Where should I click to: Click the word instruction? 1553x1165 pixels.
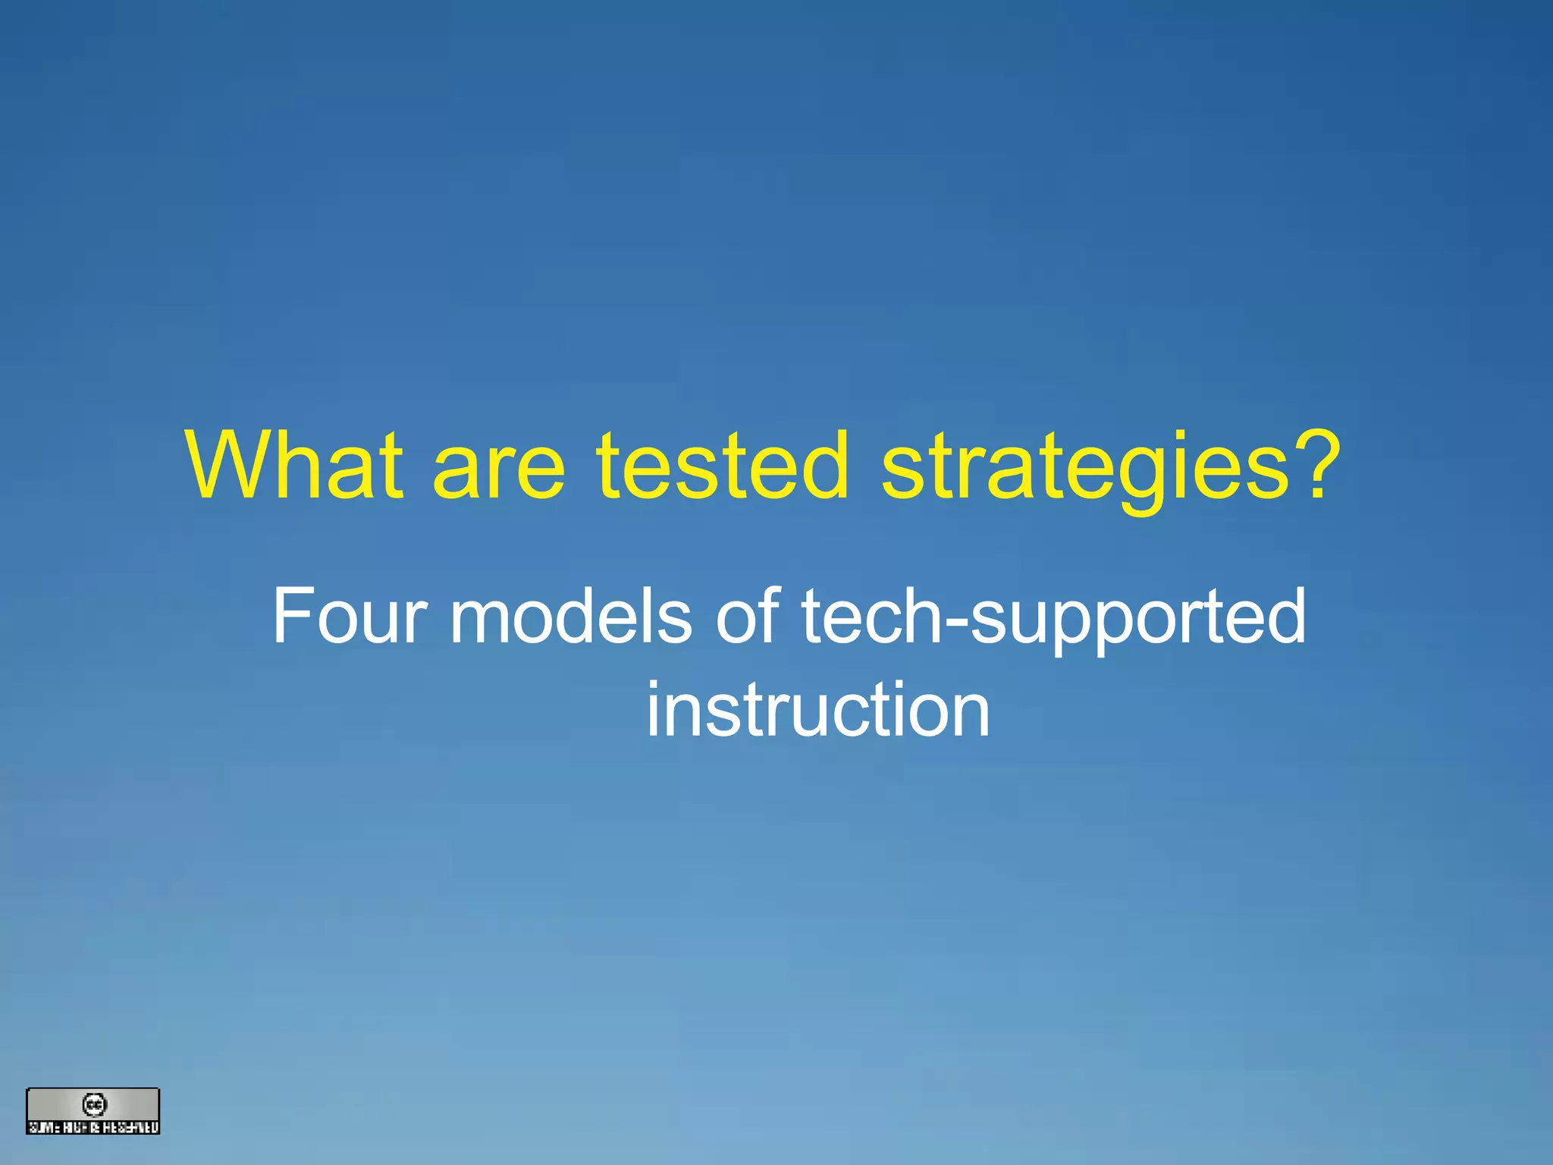click(817, 709)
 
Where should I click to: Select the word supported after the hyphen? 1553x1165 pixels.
click(1137, 618)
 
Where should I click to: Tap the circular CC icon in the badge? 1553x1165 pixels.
click(94, 1104)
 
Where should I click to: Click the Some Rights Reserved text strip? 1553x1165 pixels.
click(93, 1127)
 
